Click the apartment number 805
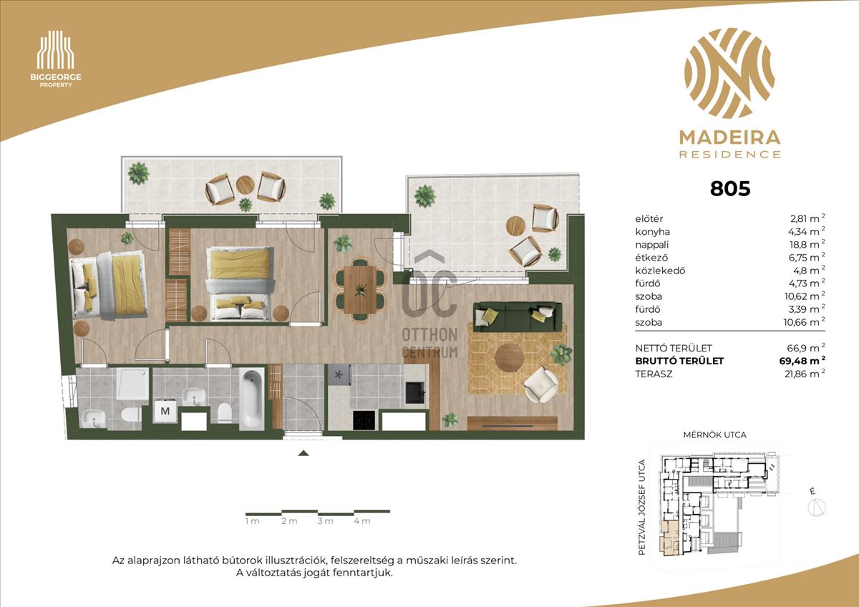point(730,189)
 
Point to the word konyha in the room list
point(652,232)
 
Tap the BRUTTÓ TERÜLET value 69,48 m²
point(802,361)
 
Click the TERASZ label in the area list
point(654,374)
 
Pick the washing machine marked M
point(165,412)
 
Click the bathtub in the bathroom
point(251,399)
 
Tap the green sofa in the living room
point(518,316)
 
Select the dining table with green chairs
point(359,289)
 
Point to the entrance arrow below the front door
point(304,453)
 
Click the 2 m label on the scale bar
point(289,521)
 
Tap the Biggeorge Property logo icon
point(56,50)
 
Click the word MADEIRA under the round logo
point(729,137)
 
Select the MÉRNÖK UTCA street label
point(715,434)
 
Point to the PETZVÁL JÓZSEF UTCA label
point(642,508)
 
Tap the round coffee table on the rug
point(509,357)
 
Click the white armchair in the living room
point(541,384)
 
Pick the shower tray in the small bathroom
point(132,384)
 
